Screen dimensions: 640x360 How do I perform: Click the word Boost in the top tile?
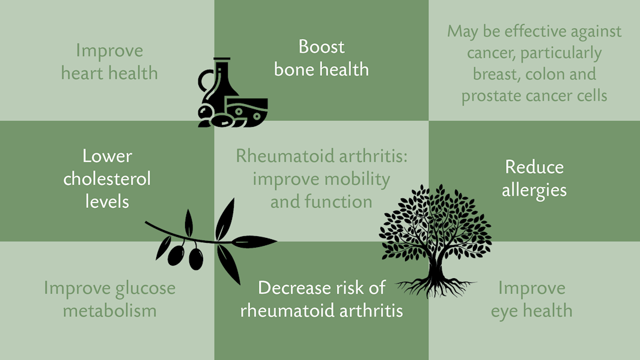pos(322,47)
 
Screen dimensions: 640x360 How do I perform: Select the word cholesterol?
pos(107,178)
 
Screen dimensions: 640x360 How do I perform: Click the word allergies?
pos(534,191)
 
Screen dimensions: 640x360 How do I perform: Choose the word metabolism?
pos(110,311)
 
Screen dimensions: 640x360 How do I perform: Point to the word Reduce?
pos(534,167)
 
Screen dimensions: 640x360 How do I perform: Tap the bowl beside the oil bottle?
pos(247,112)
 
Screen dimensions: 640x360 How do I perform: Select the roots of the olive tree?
pos(436,288)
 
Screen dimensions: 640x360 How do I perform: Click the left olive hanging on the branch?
pos(176,255)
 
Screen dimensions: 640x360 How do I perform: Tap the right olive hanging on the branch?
pos(196,259)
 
